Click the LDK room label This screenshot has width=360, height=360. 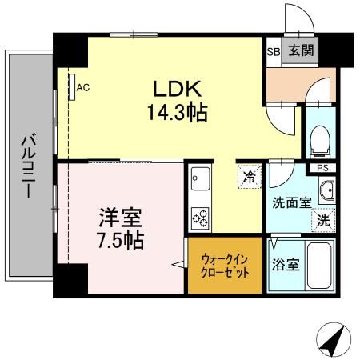pos(177,88)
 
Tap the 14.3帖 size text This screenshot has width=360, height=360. pos(177,113)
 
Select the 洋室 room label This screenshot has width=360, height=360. pos(122,218)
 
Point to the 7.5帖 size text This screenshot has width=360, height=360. pos(122,241)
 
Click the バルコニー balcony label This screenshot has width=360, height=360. pos(26,169)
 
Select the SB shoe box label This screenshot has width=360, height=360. pos(272,52)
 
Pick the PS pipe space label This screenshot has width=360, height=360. pos(322,167)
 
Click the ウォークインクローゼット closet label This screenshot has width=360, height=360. pos(224,266)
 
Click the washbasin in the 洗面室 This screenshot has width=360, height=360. pos(326,190)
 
